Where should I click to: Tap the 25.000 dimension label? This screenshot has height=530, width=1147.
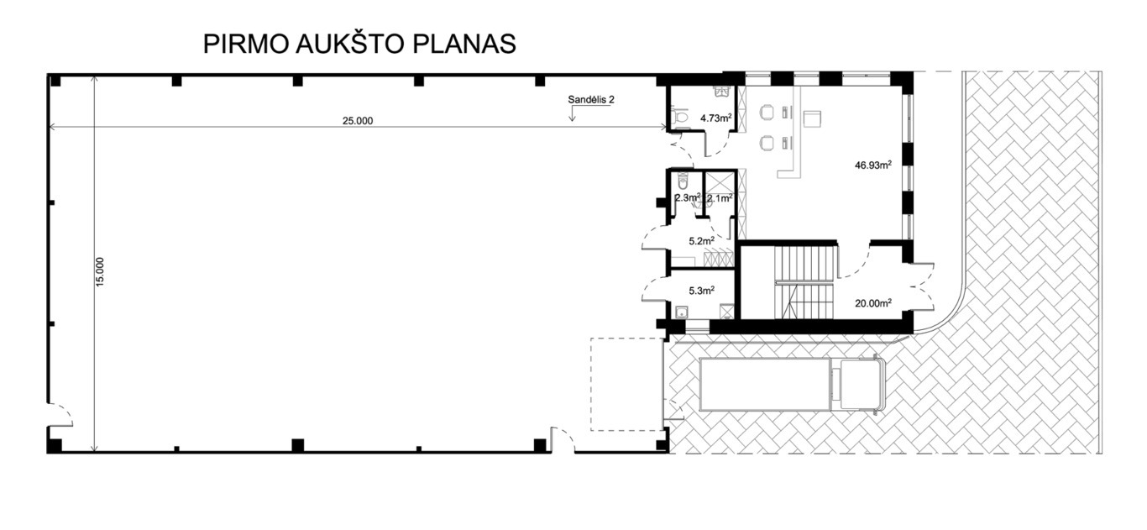(358, 121)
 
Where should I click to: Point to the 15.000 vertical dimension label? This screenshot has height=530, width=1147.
(100, 271)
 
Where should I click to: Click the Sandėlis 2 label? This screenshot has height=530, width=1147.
(591, 100)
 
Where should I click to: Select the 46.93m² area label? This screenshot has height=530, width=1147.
(873, 165)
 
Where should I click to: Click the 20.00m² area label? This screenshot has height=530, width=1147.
(873, 303)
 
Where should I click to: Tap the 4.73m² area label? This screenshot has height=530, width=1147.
(716, 118)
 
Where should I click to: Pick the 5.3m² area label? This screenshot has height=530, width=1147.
(701, 291)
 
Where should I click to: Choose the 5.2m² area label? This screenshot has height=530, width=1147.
(701, 241)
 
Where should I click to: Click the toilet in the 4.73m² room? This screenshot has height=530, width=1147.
(679, 117)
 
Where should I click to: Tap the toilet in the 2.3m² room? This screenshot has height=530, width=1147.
(682, 181)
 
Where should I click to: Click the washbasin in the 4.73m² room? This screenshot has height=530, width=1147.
(722, 92)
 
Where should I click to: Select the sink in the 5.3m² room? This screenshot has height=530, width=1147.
(681, 312)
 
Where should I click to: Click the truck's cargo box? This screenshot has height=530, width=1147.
(765, 384)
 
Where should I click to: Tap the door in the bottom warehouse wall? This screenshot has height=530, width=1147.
(563, 440)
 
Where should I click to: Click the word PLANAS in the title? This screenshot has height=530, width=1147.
(464, 44)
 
